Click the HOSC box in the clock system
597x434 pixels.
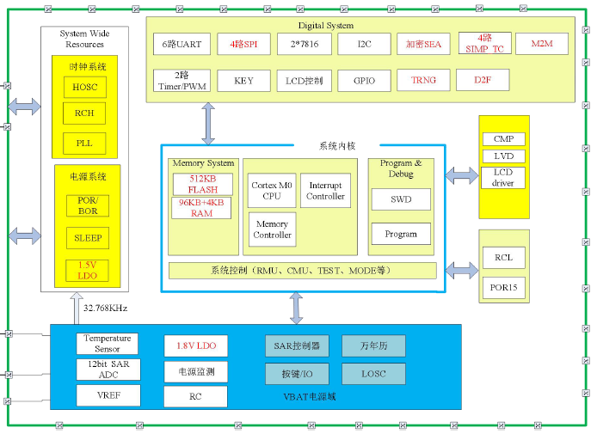pos(84,88)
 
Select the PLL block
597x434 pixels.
pos(84,143)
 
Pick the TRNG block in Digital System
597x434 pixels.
pos(423,81)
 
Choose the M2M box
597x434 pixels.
pos(542,43)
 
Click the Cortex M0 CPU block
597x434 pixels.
pos(272,190)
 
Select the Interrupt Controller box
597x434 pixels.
pos(327,190)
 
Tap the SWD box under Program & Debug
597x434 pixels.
pos(401,199)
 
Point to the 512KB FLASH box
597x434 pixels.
pos(202,184)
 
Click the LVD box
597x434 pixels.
pos(503,156)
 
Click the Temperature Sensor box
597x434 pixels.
pos(108,344)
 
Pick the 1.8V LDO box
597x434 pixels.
pos(196,345)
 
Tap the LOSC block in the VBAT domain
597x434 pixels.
pos(374,374)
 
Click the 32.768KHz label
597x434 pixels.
pos(105,308)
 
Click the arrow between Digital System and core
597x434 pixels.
pos(207,124)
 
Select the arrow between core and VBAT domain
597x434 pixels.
pos(296,308)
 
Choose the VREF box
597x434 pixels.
pos(108,395)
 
